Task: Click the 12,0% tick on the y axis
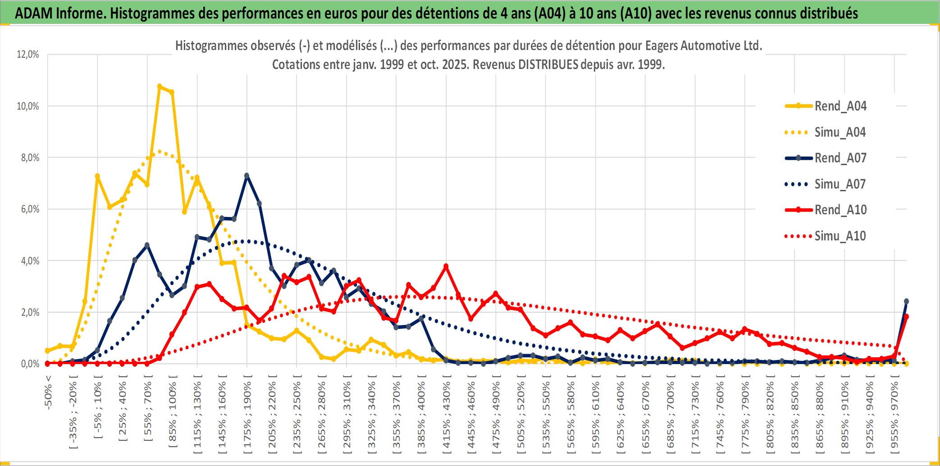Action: [28, 55]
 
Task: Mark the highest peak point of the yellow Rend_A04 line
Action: [160, 86]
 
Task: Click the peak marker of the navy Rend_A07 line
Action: [246, 175]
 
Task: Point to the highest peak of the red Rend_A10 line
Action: [446, 267]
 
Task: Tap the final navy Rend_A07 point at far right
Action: [906, 301]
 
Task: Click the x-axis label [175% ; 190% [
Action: [247, 417]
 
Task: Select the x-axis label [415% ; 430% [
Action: [446, 417]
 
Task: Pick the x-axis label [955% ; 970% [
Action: [894, 417]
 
